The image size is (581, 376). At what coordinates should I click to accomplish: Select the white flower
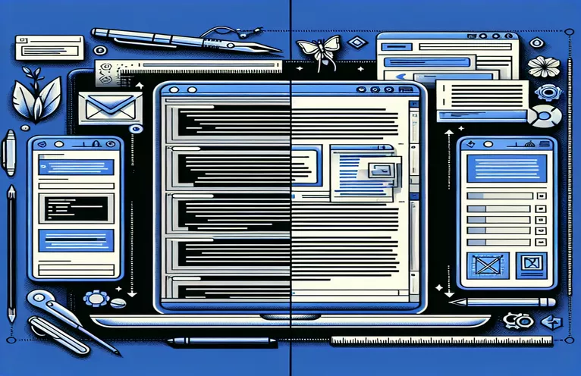pos(543,67)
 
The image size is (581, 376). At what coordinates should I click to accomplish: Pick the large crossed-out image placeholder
pos(483,265)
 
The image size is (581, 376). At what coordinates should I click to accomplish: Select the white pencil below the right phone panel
pos(501,302)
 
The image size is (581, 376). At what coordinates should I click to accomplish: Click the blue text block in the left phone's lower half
pos(74,242)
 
